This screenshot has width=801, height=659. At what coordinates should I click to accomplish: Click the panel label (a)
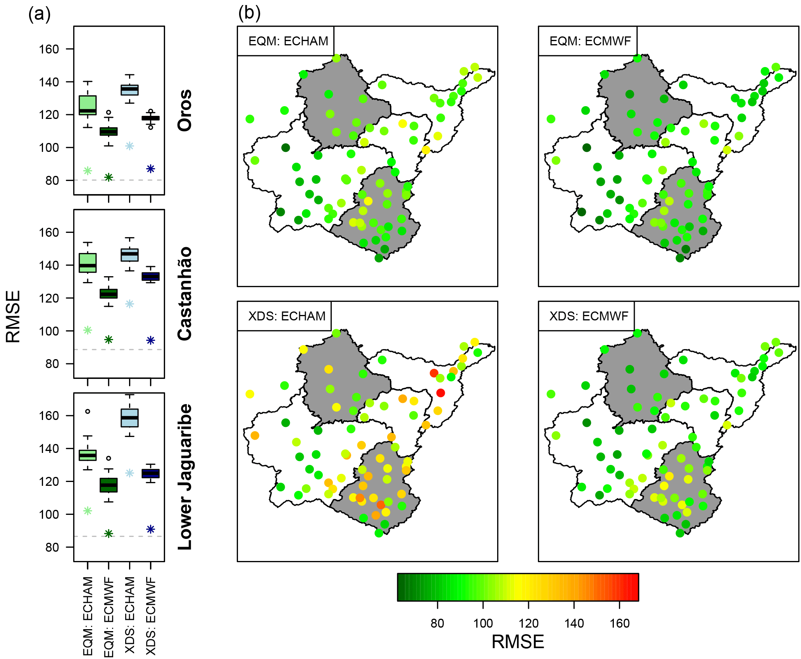click(40, 15)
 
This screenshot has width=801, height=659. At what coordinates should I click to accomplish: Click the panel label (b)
click(249, 13)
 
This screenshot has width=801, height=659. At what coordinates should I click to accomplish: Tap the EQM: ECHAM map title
click(288, 41)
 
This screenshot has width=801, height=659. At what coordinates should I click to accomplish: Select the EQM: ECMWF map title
click(590, 41)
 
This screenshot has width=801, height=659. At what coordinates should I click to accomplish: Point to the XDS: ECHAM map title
click(287, 316)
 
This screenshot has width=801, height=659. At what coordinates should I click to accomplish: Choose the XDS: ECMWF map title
click(588, 316)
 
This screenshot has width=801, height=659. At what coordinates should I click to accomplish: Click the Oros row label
click(185, 110)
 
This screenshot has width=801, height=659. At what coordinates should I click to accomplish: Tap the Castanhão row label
click(185, 294)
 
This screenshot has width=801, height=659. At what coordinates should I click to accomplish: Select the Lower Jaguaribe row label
click(185, 477)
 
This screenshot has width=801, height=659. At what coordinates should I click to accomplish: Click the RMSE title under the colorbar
click(518, 642)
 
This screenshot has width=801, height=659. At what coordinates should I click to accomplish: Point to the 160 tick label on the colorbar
click(619, 623)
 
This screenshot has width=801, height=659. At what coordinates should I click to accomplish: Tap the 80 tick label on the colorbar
click(437, 623)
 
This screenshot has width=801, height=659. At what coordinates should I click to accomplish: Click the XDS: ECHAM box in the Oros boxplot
click(129, 90)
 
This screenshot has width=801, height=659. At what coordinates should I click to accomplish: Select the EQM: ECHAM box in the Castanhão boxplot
click(88, 263)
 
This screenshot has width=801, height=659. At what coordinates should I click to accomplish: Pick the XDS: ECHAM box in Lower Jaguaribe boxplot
click(129, 418)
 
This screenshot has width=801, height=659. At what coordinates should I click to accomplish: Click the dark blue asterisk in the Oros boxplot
click(151, 169)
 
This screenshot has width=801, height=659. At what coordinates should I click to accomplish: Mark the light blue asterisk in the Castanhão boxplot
click(129, 304)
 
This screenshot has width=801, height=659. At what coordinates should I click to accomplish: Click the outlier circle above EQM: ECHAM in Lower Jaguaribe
click(88, 411)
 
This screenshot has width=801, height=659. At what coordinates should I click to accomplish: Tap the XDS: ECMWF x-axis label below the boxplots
click(151, 616)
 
